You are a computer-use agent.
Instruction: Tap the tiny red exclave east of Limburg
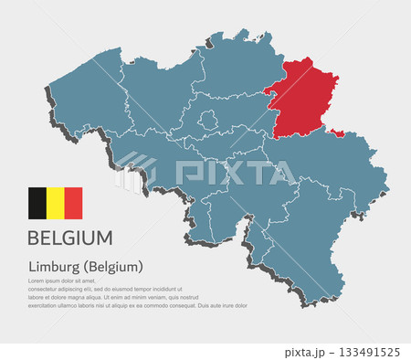coord(337,134)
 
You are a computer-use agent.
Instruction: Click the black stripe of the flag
coord(37,203)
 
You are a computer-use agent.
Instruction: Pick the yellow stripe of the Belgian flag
coord(56,203)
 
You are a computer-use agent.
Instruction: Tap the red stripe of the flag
coord(73,203)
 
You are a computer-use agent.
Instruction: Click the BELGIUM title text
coord(70,238)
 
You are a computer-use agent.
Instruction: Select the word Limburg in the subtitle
coord(53,267)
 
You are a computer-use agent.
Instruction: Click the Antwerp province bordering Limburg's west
coord(233,73)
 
